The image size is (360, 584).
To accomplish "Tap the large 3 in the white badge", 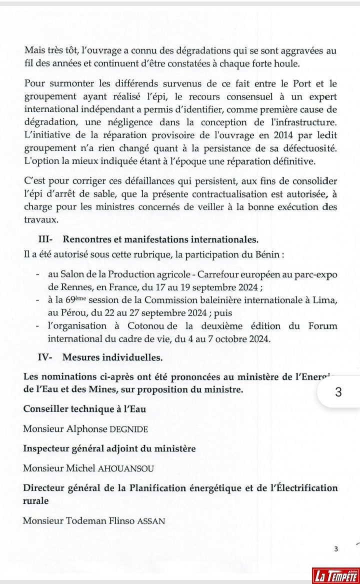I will coord(337,392).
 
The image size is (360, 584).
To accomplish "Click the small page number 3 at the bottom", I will coord(336,549).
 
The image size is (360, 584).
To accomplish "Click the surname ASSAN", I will coord(152,520).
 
